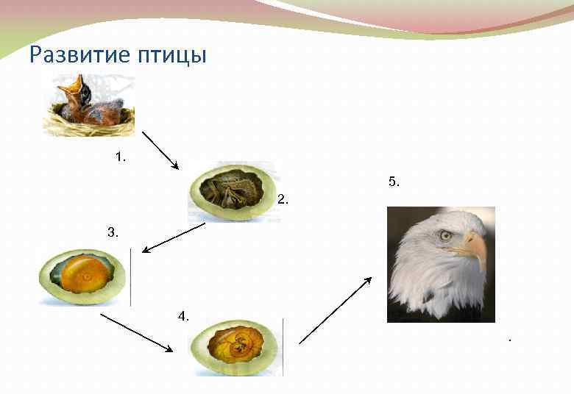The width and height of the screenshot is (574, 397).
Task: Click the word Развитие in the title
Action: pyautogui.click(x=71, y=55)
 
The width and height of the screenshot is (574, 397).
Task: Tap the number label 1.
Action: pyautogui.click(x=121, y=157)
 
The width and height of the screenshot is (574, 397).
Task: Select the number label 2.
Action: pyautogui.click(x=283, y=199)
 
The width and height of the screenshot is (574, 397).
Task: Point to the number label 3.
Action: pyautogui.click(x=113, y=232)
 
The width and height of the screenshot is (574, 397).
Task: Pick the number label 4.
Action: pyautogui.click(x=183, y=316)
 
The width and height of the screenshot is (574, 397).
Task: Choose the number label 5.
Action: pyautogui.click(x=394, y=181)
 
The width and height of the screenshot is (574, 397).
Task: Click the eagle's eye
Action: pyautogui.click(x=446, y=235)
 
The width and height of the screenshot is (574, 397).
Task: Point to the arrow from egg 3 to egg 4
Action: pyautogui.click(x=136, y=332)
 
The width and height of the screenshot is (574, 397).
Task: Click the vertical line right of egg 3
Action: pyautogui.click(x=130, y=277)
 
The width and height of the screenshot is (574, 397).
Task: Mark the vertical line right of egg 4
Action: pyautogui.click(x=283, y=347)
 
